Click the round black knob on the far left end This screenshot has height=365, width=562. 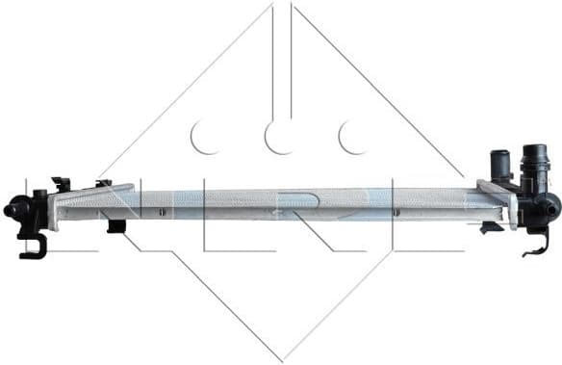coord(12,209)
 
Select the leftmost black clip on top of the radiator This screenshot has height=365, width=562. coord(61,183)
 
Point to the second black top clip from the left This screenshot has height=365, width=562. coord(103,183)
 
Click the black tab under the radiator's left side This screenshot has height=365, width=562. coord(116,227)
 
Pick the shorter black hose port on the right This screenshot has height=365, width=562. coord(498,163)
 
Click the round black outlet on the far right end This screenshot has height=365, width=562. coord(549,206)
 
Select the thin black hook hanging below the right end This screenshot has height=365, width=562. coord(533,245)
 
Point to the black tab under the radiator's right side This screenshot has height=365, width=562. coord(491,227)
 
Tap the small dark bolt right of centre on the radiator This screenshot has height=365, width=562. coord(394,211)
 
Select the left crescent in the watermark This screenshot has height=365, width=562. coord(205,138)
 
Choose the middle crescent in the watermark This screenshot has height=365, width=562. coord(280,138)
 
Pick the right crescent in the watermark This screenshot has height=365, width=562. coord(353,138)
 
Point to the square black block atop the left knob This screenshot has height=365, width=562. coord(38,198)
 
